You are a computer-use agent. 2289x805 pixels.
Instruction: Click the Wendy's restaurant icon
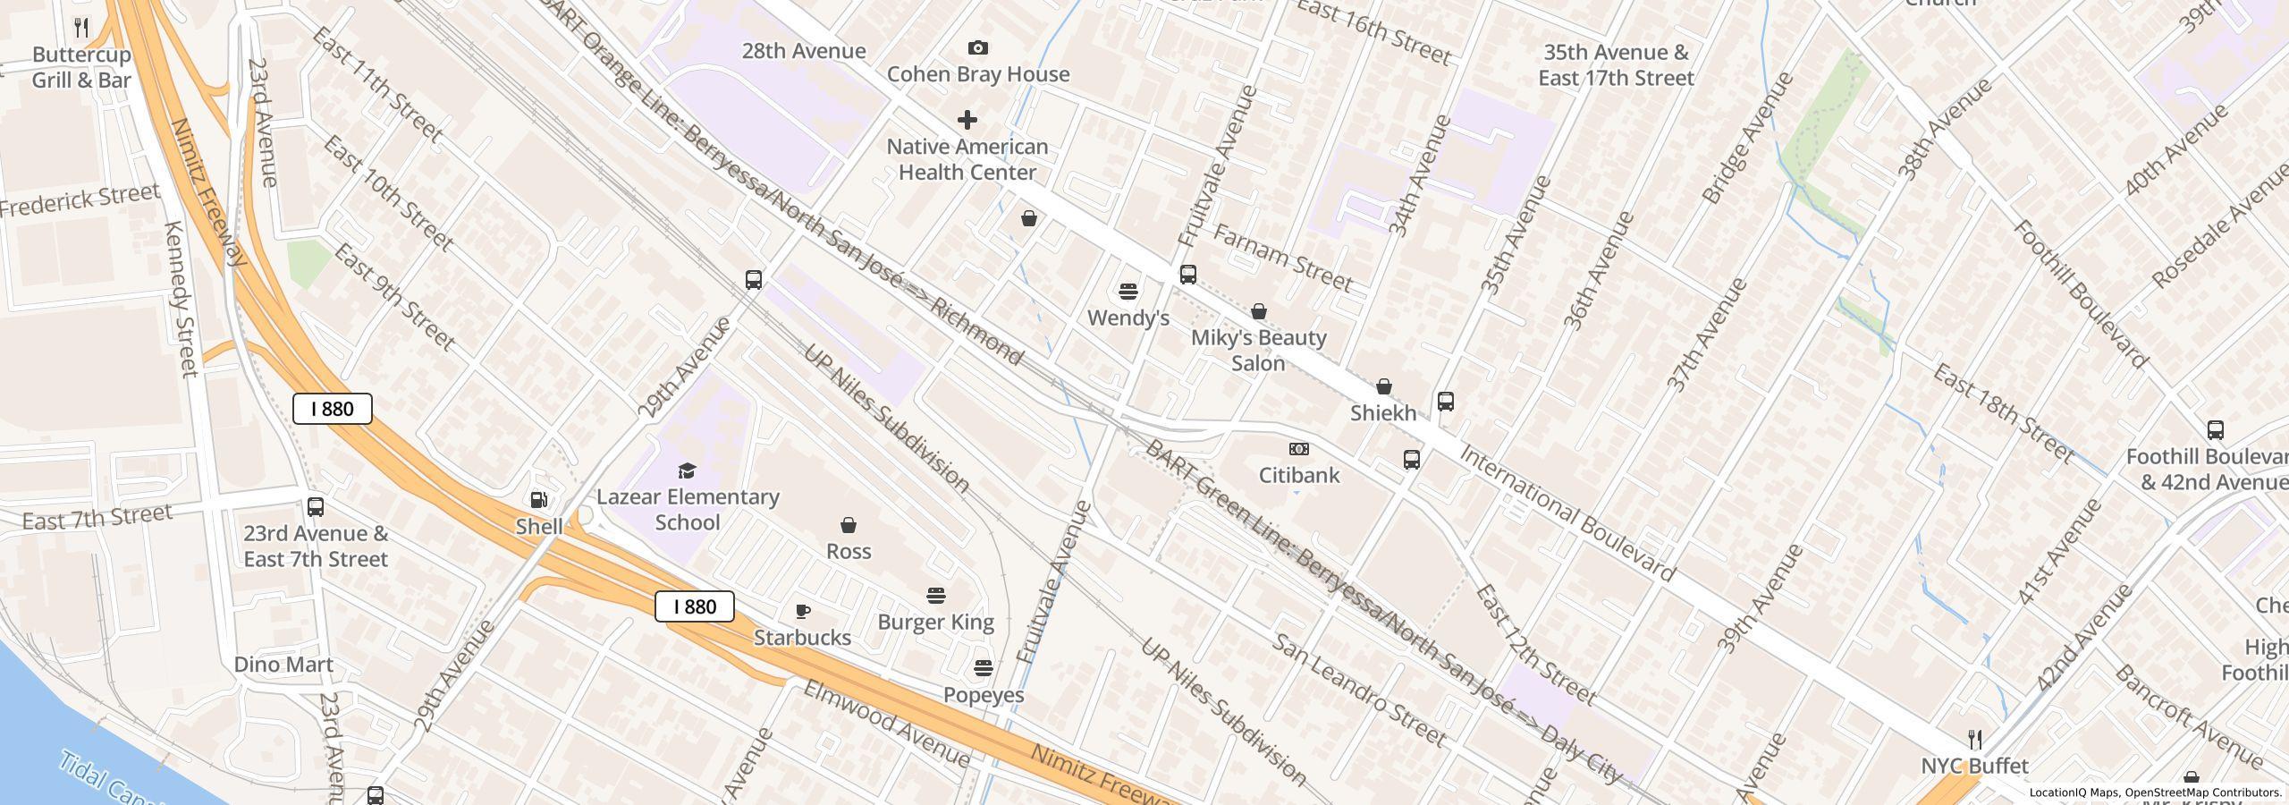1128,292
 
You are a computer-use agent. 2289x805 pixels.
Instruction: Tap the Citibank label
1299,475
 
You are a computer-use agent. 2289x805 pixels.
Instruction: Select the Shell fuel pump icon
539,500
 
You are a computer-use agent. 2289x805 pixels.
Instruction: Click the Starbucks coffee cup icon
803,612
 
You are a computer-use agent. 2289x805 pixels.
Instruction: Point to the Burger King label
935,622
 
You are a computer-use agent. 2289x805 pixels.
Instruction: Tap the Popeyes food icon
983,668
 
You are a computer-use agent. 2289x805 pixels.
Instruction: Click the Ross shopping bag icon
848,525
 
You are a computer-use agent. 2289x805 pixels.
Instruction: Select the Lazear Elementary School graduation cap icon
687,470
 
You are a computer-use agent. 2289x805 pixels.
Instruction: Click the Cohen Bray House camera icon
978,47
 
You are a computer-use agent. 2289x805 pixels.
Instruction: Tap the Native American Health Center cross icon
967,120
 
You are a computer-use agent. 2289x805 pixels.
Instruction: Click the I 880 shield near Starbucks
695,606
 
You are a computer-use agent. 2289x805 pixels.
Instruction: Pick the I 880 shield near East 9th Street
333,409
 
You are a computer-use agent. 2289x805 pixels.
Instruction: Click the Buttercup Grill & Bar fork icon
81,28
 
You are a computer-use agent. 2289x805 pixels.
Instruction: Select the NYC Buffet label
1974,766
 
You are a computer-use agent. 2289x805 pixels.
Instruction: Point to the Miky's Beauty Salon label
1258,350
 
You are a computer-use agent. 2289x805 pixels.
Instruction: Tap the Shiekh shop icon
1383,386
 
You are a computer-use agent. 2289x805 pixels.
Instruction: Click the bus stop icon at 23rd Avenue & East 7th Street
316,507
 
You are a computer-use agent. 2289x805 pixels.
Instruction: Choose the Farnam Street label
1281,258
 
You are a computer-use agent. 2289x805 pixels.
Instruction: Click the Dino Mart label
283,665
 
